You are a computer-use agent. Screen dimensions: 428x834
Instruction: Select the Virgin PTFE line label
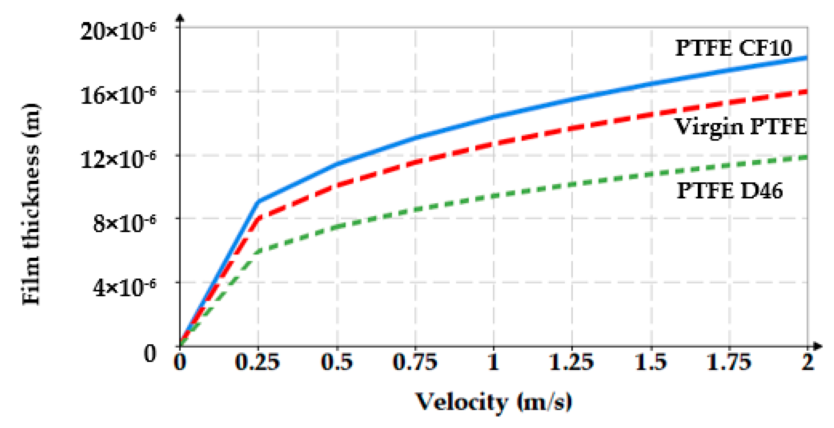click(x=741, y=127)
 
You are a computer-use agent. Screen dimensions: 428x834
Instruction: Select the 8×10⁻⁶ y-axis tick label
click(x=124, y=223)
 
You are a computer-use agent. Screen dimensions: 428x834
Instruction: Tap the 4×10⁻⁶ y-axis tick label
click(x=124, y=287)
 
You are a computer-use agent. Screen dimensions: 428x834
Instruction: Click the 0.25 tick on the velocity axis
click(x=257, y=362)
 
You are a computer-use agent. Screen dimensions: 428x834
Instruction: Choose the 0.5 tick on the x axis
click(x=337, y=362)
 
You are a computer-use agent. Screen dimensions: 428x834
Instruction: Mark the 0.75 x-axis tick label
click(x=415, y=362)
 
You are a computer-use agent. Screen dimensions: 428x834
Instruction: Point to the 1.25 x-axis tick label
click(x=572, y=362)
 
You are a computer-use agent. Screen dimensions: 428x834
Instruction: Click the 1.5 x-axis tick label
click(x=651, y=362)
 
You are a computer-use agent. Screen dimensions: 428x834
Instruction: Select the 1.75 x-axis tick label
click(x=729, y=362)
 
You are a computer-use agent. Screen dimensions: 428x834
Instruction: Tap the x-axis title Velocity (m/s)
click(x=493, y=402)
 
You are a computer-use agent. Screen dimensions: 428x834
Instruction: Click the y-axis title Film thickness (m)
click(x=31, y=204)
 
